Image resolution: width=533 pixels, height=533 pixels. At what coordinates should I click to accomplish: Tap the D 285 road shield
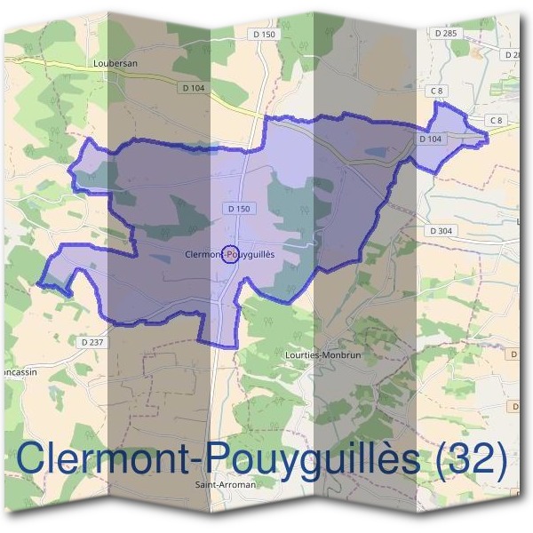pos(446,33)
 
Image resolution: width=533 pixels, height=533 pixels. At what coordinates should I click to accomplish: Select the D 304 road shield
pos(441,230)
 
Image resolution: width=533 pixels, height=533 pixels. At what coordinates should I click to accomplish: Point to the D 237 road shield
pos(91,342)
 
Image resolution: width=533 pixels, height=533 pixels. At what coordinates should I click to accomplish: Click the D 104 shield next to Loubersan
pos(193,87)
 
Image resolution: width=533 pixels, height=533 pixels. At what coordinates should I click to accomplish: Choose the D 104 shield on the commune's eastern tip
pos(430,139)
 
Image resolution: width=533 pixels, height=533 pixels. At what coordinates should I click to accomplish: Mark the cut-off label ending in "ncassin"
pos(18,372)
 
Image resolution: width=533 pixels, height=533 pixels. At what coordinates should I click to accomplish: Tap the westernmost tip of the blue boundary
pos(37,284)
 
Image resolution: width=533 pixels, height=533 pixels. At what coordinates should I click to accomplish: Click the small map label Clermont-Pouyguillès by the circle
pos(229,254)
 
